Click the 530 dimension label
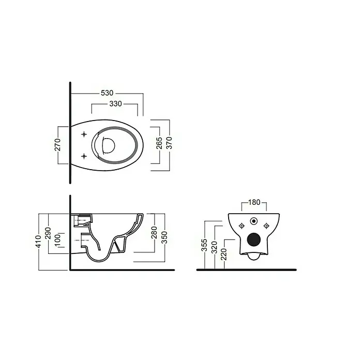click(107, 93)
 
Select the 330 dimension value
click(115, 104)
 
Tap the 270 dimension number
click(57, 145)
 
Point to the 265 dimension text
click(159, 143)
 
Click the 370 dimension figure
click(169, 143)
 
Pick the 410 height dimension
click(38, 242)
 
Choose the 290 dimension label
click(48, 233)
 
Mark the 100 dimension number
click(57, 241)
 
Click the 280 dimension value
click(154, 232)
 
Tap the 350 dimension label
click(164, 237)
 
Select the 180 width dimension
click(254, 202)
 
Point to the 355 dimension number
click(204, 245)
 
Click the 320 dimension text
click(214, 247)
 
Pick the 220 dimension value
click(224, 254)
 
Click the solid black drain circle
click(254, 239)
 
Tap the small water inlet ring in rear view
click(254, 221)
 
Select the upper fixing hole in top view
click(84, 134)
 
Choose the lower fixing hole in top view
click(84, 156)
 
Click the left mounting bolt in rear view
click(242, 226)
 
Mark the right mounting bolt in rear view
click(266, 226)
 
